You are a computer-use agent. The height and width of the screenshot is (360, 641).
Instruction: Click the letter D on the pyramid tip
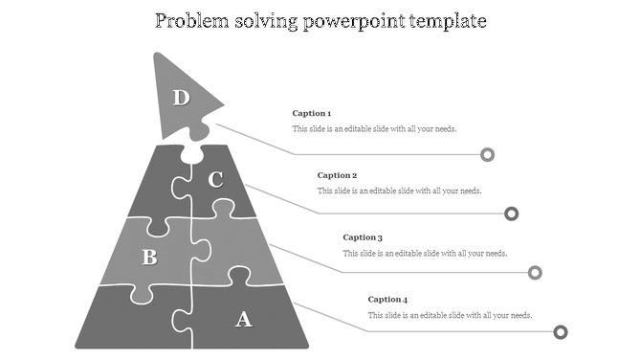coord(181,97)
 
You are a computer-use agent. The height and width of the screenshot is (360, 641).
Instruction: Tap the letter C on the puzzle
coord(216,179)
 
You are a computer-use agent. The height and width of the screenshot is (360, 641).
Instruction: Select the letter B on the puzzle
coord(149,257)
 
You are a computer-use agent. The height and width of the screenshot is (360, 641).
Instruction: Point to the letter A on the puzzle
coord(244,319)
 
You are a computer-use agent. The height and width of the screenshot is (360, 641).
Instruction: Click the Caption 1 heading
coord(312,114)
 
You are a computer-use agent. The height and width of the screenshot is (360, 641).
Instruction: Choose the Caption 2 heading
coord(337,176)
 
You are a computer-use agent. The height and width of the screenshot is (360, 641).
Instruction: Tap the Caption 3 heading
coord(363,237)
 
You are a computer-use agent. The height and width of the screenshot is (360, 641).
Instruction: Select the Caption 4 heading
coord(387,300)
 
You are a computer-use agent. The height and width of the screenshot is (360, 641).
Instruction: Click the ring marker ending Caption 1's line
coord(488,154)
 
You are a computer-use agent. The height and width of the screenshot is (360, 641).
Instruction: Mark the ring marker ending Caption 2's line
coord(512,214)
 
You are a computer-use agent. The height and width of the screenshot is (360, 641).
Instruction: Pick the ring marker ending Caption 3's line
coord(536,273)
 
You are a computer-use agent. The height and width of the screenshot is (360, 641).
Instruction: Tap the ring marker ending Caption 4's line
coord(561,332)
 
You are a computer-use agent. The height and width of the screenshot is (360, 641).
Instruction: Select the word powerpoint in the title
coord(357,21)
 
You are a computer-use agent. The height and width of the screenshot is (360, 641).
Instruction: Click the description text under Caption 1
coord(380,129)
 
